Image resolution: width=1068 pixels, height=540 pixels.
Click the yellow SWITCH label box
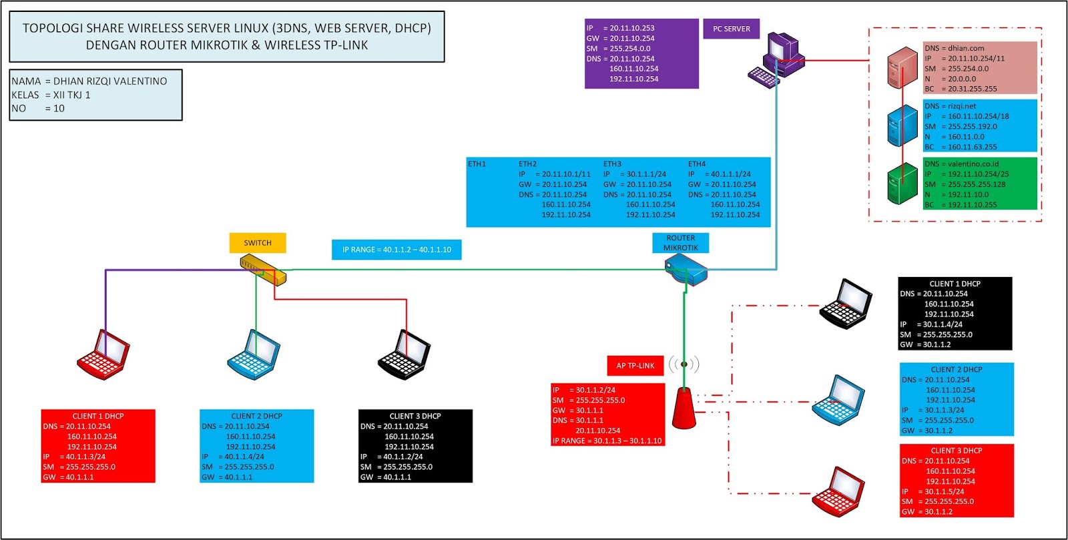click(x=257, y=243)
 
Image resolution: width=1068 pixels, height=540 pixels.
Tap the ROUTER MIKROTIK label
click(x=680, y=243)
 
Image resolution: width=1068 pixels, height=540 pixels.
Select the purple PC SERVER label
click(x=731, y=29)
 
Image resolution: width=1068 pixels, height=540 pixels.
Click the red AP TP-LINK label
click(x=635, y=366)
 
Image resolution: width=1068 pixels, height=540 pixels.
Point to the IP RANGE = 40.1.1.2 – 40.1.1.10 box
click(x=396, y=250)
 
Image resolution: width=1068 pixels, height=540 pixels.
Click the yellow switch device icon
click(x=263, y=270)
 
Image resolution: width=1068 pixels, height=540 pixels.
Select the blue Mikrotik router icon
click(x=686, y=272)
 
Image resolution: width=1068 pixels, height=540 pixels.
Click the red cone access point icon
click(x=684, y=408)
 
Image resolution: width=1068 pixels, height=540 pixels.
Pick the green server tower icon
click(x=902, y=184)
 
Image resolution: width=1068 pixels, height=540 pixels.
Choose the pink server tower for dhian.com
click(x=902, y=67)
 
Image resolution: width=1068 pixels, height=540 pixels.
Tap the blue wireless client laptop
click(x=839, y=401)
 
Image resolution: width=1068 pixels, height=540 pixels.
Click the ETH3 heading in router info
click(x=612, y=164)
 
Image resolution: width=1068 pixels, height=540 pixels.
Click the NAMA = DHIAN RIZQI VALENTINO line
click(x=89, y=81)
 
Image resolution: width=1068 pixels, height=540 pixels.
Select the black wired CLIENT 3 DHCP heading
click(x=415, y=416)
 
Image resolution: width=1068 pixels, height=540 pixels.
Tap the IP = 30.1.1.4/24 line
click(x=931, y=324)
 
